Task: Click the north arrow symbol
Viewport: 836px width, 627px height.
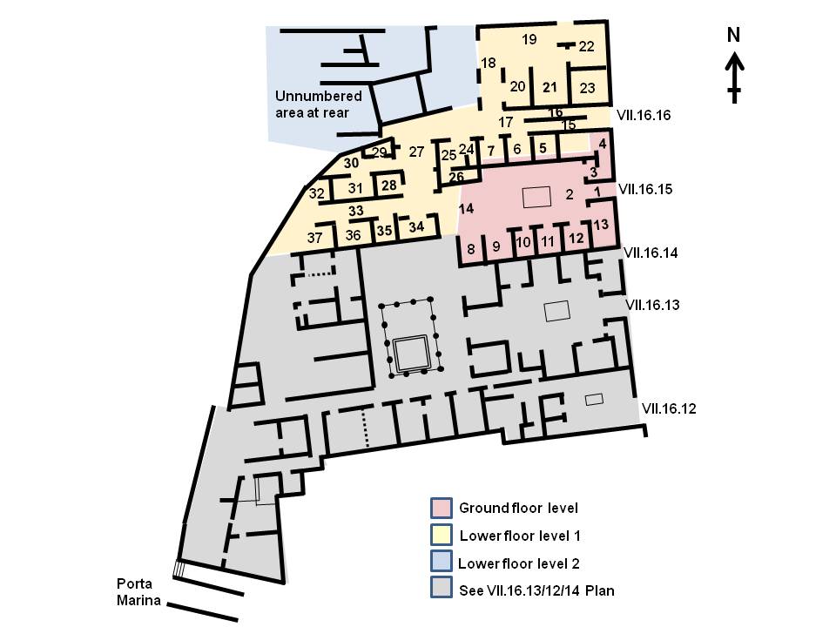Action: [x=735, y=76]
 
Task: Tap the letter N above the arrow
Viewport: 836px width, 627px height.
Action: [x=734, y=36]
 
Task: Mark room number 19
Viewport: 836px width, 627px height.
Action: [x=529, y=39]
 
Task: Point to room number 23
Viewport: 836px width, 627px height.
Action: [x=587, y=88]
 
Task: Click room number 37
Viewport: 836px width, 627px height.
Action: [x=314, y=237]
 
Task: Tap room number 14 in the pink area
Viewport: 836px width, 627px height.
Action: [x=466, y=209]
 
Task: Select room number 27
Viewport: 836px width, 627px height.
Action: [x=416, y=152]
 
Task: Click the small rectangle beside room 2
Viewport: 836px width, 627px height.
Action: [x=537, y=197]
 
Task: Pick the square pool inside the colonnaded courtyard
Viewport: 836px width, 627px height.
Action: [x=409, y=353]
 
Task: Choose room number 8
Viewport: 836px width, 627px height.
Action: [x=471, y=247]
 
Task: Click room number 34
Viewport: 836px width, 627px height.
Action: [x=416, y=226]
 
